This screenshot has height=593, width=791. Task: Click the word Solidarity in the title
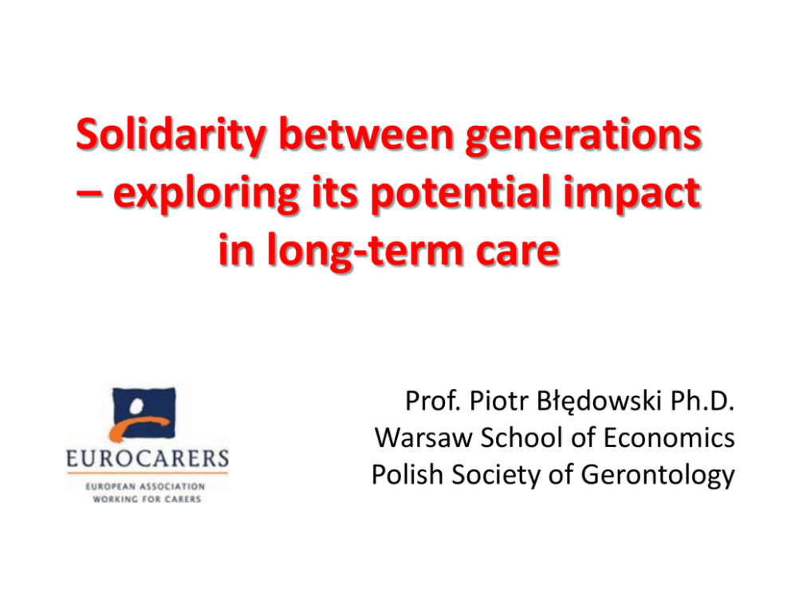(x=171, y=135)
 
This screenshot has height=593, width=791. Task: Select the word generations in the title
(x=583, y=137)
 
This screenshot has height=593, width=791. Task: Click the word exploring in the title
(x=207, y=194)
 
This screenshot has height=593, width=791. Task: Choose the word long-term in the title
(x=364, y=251)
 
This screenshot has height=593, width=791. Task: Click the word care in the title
(x=517, y=253)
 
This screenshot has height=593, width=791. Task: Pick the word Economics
(x=669, y=438)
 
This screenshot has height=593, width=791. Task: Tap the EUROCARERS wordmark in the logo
(x=148, y=459)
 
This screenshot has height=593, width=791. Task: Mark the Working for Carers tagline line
(x=147, y=499)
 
